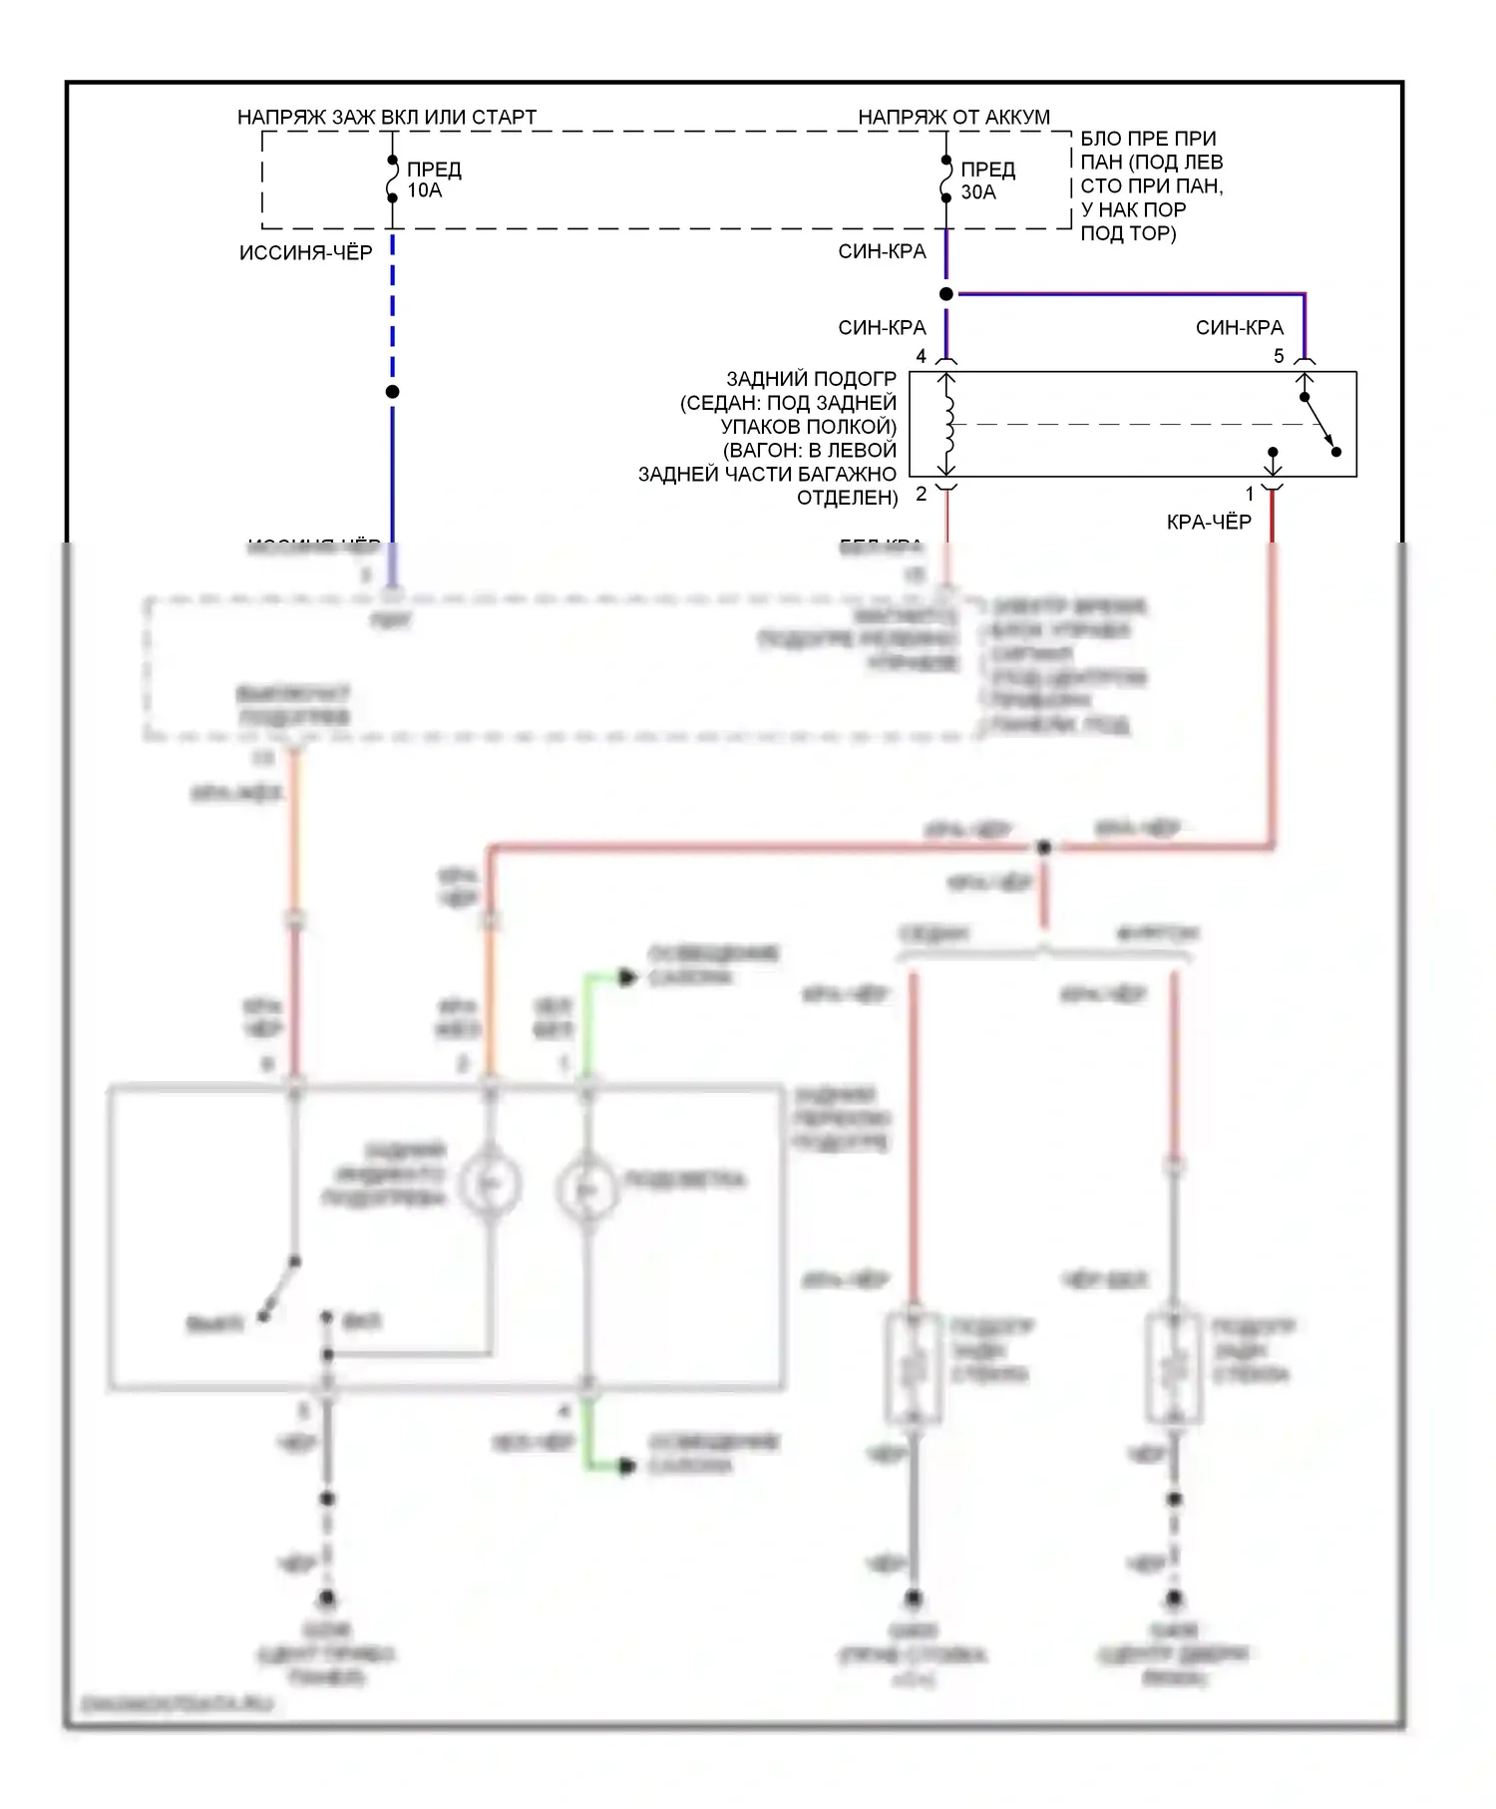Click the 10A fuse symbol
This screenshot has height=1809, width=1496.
393,179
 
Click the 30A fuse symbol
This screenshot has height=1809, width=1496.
946,179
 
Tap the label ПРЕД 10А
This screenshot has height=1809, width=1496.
434,180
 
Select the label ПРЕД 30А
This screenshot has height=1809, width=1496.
987,181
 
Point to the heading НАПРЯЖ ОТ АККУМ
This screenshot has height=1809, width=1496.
953,117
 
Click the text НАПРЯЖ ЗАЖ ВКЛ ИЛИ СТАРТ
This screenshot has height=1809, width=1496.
387,117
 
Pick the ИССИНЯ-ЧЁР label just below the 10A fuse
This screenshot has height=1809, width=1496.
305,252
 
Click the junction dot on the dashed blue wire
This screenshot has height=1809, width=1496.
393,392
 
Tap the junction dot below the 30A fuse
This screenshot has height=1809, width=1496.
946,294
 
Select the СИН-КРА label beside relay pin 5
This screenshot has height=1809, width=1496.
1239,327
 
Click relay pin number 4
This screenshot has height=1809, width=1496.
922,356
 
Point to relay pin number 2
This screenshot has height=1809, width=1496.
922,494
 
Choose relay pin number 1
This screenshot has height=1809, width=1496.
1249,494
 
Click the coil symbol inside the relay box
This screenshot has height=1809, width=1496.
948,424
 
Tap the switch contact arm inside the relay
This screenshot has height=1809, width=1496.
1319,425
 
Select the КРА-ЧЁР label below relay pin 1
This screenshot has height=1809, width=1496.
1209,522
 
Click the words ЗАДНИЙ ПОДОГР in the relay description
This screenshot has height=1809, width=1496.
811,379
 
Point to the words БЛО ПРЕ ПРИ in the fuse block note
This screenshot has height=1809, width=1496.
1148,139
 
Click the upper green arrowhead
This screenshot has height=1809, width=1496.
626,977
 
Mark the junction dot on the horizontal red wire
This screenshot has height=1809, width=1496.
1044,848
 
